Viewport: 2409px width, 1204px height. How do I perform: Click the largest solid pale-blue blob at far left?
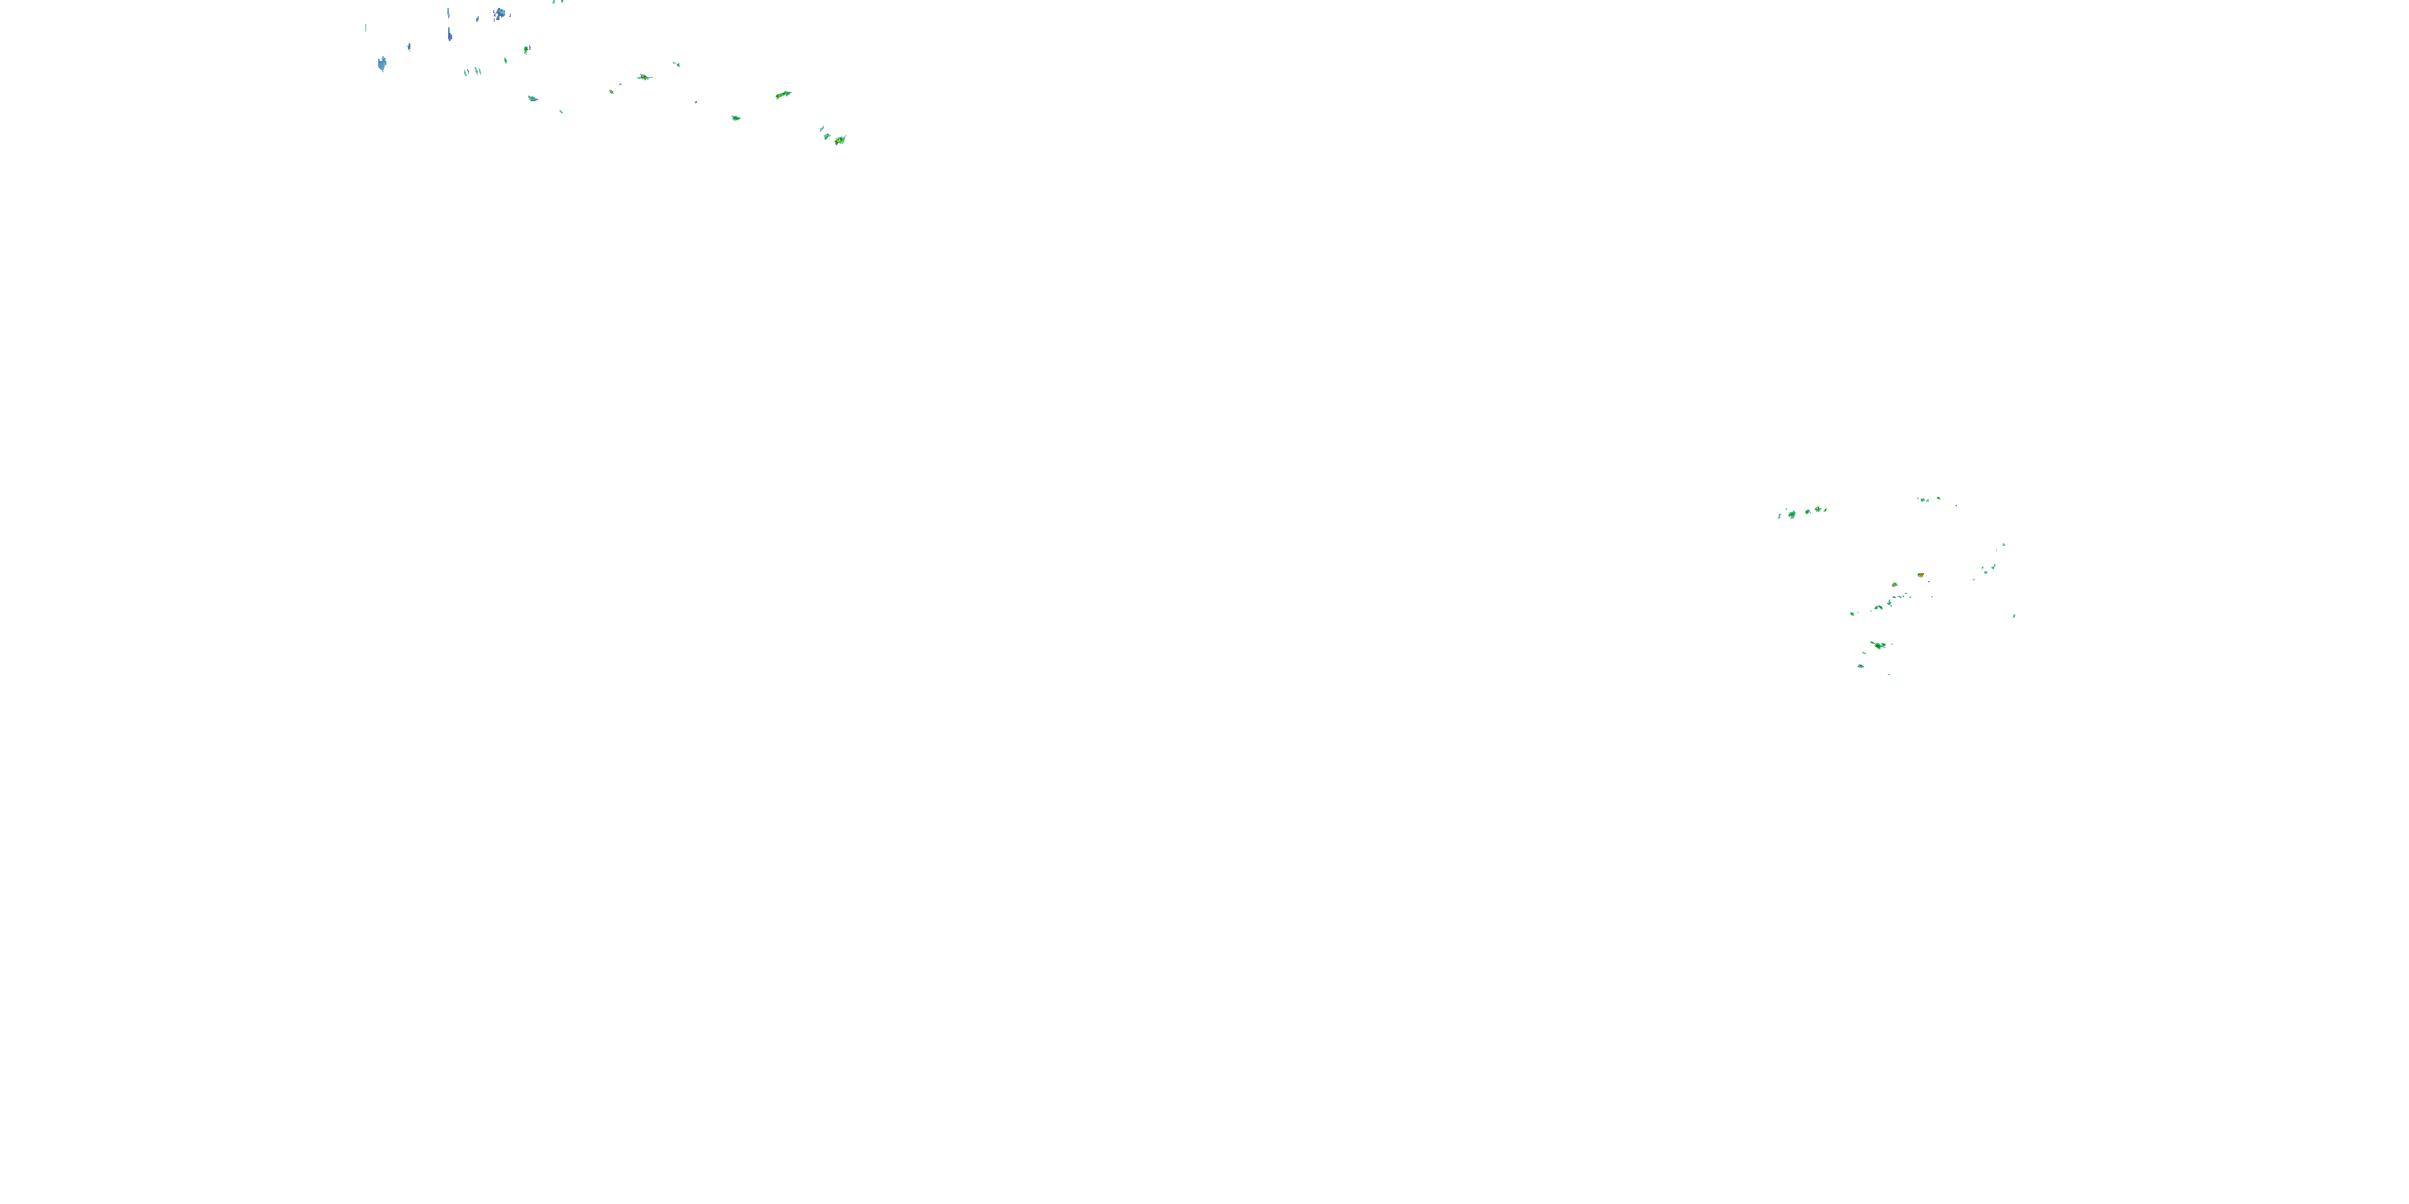[x=381, y=63]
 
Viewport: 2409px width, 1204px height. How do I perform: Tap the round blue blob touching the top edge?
[x=499, y=13]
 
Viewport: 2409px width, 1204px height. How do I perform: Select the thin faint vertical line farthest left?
[x=365, y=28]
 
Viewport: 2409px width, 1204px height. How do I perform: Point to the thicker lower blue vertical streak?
[x=450, y=34]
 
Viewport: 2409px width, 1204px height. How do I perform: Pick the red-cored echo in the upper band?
[x=643, y=76]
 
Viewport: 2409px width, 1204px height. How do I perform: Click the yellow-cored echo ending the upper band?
[x=840, y=140]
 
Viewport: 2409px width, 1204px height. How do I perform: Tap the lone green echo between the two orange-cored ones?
[x=736, y=118]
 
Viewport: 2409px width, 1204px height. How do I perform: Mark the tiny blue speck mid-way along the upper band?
[x=695, y=101]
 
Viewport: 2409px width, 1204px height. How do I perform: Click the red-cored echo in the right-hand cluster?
[x=1920, y=575]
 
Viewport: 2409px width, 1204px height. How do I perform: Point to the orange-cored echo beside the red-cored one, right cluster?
[x=1894, y=585]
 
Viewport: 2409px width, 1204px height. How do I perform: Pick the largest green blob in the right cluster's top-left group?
[x=1791, y=513]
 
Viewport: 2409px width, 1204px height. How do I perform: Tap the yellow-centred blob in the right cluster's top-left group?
[x=1817, y=510]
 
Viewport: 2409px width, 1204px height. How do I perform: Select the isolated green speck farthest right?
[x=2013, y=616]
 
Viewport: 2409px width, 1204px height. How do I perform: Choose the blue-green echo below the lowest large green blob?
[x=1860, y=665]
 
